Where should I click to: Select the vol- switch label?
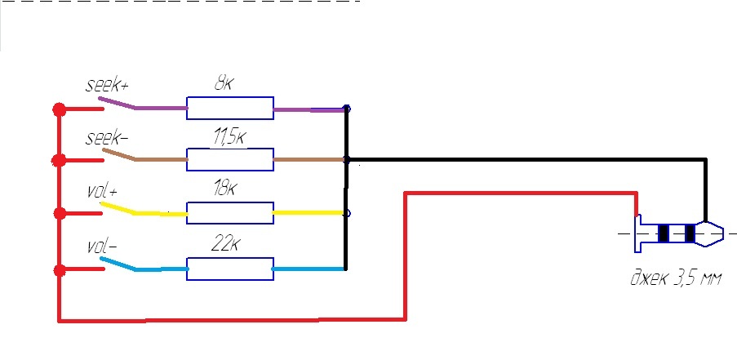coord(102,246)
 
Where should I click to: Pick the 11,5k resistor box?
coord(229,159)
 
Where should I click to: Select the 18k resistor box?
coord(229,212)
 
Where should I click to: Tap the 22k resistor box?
coord(229,269)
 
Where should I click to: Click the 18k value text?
coord(224,189)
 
